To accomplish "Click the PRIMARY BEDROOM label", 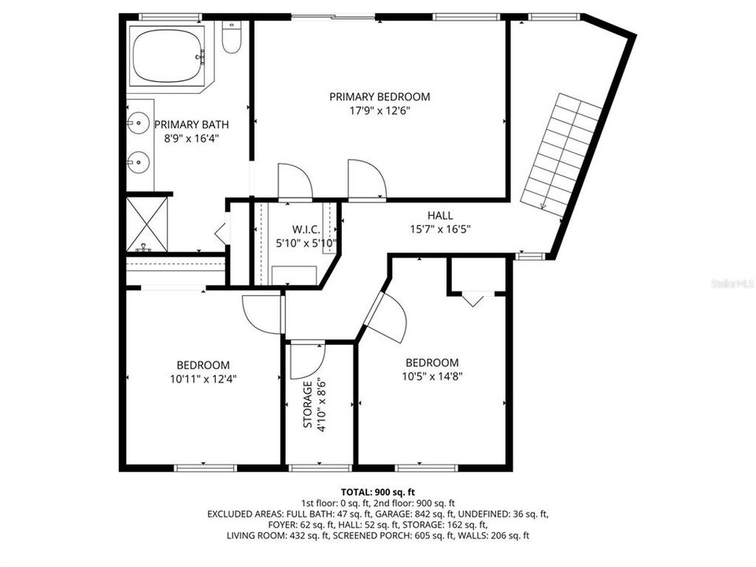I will tap(380, 97).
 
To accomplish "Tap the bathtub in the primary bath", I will tap(168, 54).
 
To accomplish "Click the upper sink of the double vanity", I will tap(137, 124).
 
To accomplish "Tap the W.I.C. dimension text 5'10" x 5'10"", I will tap(306, 243).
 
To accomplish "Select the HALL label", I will tap(440, 216).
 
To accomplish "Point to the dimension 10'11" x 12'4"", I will tap(203, 378).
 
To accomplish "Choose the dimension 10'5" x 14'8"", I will tap(432, 376).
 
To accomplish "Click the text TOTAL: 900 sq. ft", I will tap(378, 491).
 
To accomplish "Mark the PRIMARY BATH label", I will tap(185, 124).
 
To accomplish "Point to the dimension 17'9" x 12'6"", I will tap(380, 110).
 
